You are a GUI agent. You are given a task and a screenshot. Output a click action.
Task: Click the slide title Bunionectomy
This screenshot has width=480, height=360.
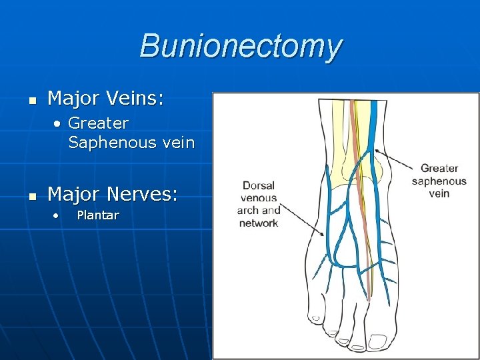(241, 47)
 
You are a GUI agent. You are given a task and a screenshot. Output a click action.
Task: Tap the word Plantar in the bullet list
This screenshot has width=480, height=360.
(98, 215)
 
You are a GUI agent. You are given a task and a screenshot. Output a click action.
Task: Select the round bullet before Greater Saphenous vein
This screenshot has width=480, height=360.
(59, 123)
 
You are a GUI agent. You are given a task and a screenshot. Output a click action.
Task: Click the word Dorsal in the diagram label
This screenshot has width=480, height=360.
(259, 186)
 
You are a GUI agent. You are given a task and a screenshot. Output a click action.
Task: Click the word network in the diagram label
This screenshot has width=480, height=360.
(259, 223)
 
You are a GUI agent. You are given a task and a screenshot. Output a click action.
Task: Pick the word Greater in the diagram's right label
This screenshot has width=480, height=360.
(439, 169)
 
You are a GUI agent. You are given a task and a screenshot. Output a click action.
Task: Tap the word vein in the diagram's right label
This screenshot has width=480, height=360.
(439, 193)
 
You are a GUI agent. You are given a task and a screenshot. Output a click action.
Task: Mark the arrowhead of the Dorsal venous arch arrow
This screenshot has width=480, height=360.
(326, 235)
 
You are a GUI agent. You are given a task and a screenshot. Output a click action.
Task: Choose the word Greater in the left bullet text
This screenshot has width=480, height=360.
(98, 123)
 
